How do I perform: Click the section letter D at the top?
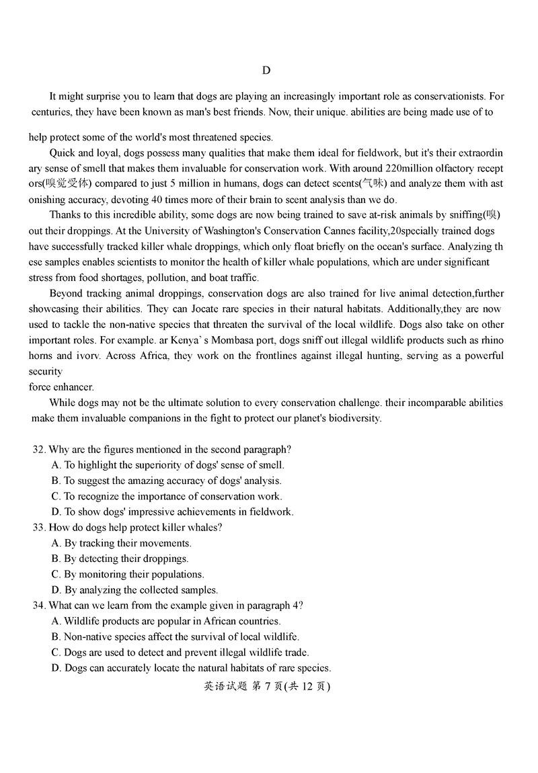coord(266,71)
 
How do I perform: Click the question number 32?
coord(38,449)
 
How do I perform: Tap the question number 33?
coord(38,528)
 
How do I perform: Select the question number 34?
coord(38,606)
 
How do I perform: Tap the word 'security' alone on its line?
coord(45,371)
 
